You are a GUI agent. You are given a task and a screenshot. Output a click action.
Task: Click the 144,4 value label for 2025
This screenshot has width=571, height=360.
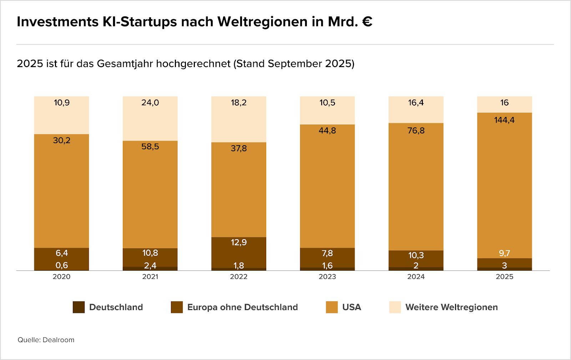(x=504, y=120)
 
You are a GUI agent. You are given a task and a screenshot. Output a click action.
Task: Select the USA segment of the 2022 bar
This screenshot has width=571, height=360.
(x=239, y=193)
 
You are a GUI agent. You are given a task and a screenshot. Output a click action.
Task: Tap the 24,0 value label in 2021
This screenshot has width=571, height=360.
(x=150, y=103)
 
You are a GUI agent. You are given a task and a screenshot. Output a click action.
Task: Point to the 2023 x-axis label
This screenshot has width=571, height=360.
(x=327, y=277)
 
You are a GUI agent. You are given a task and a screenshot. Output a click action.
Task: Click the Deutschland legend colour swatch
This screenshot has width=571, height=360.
(x=79, y=307)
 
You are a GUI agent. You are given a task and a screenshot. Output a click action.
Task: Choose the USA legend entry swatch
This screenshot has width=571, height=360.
(x=332, y=307)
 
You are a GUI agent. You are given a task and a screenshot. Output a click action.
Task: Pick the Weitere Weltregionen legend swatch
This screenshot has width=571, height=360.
(x=395, y=307)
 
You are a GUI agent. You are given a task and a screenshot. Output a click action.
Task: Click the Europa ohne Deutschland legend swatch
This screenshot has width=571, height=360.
(x=177, y=307)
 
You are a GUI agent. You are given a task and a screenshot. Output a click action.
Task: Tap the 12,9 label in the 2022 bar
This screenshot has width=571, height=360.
(x=239, y=243)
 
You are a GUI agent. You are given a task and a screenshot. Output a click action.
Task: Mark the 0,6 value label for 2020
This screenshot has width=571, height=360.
(x=62, y=265)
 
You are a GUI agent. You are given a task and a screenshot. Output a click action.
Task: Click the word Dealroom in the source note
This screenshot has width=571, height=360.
(x=59, y=340)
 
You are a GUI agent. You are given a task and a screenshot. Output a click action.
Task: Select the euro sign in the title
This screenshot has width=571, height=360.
(x=367, y=22)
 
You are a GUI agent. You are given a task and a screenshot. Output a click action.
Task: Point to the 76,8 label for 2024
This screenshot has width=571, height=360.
(x=416, y=131)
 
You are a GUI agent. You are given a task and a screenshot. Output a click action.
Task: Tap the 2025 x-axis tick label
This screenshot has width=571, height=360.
(x=504, y=277)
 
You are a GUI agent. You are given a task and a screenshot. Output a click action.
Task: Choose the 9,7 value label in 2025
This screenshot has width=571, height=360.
(x=504, y=253)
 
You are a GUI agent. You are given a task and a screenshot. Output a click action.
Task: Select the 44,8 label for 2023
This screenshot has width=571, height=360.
(x=327, y=131)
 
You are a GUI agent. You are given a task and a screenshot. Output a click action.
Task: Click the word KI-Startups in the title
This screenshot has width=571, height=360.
(x=140, y=22)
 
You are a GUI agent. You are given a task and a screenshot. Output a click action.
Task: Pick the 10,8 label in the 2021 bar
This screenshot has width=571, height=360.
(x=150, y=253)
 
